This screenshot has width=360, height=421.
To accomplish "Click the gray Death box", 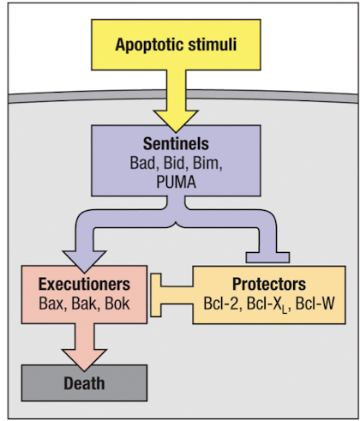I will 83,382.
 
